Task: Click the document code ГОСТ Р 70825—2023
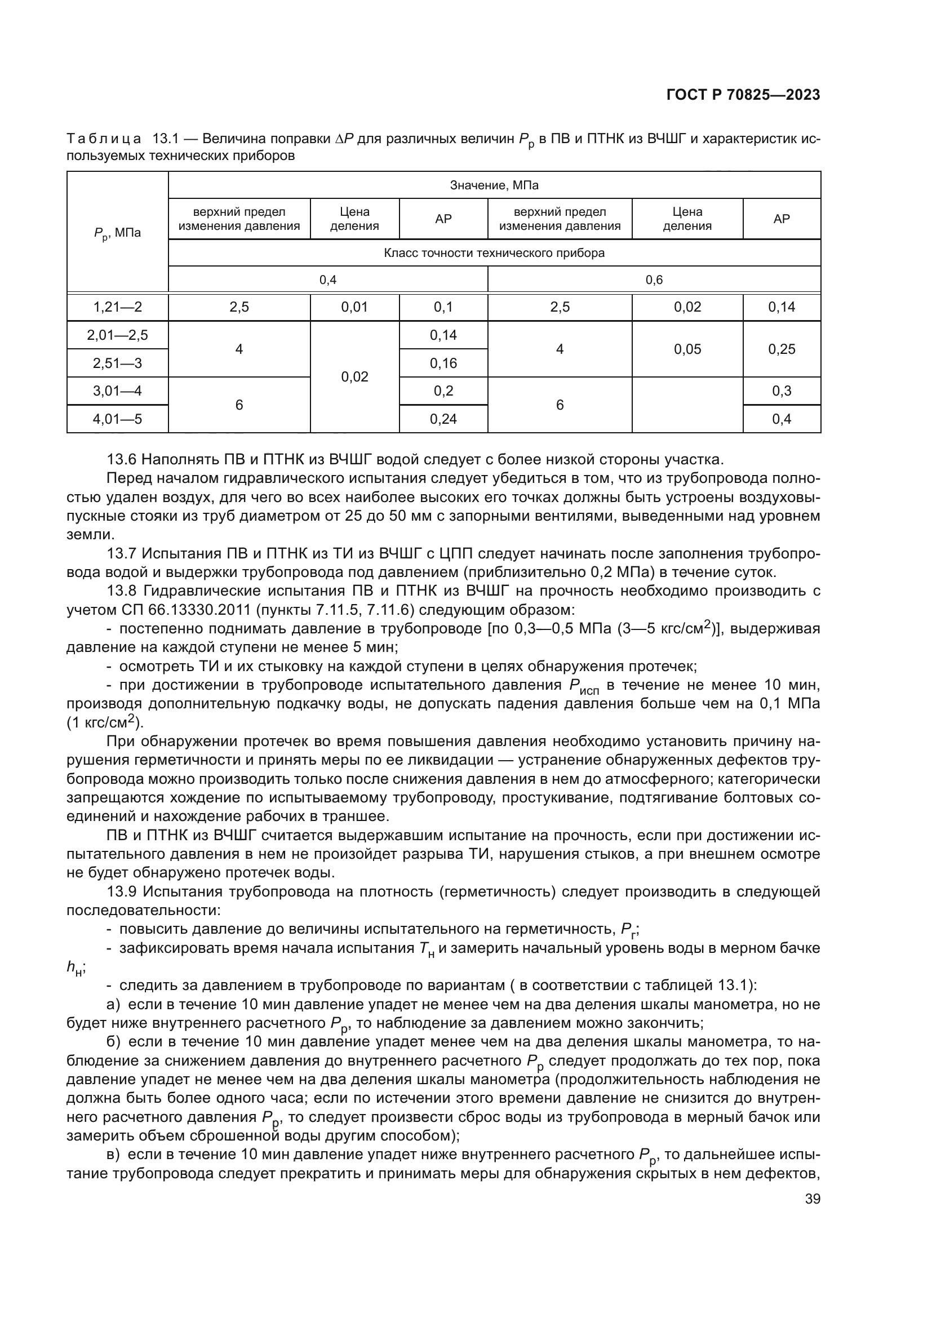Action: [x=743, y=95]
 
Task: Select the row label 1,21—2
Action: [x=118, y=307]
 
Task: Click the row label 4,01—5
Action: [x=118, y=419]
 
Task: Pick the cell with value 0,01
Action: [x=354, y=307]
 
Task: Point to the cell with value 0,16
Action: [x=443, y=363]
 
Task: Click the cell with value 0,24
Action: [x=443, y=419]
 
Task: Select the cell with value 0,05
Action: [x=687, y=349]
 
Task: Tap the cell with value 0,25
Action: [x=782, y=349]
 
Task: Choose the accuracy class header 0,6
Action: [x=654, y=280]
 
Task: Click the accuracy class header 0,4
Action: [x=328, y=280]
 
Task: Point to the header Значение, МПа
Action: [x=494, y=185]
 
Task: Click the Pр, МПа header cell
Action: [x=118, y=233]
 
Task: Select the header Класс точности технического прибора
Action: [x=494, y=253]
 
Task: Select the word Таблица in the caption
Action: [x=104, y=139]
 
